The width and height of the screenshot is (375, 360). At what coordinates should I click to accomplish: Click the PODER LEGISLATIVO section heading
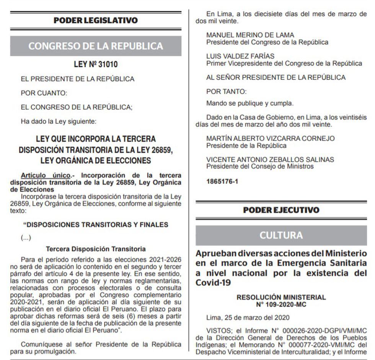96,20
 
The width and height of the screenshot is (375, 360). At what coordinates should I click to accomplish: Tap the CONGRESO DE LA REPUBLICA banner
96,46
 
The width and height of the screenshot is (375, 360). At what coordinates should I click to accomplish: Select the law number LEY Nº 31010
96,65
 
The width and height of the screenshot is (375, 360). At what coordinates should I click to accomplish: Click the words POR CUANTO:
44,93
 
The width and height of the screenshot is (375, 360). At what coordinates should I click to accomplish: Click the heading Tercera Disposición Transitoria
96,249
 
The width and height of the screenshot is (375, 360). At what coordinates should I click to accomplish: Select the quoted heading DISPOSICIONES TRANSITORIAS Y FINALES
96,224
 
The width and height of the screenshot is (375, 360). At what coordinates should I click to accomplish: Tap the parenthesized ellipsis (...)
26,237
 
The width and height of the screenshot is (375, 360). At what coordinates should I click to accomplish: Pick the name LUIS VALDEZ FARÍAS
240,56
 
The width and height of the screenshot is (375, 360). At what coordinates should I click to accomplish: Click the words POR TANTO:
227,92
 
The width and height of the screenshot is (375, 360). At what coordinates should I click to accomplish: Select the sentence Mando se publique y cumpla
250,103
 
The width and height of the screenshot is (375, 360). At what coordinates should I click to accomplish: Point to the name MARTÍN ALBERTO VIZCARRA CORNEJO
271,138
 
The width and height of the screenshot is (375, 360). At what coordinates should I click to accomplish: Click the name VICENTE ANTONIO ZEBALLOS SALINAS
270,160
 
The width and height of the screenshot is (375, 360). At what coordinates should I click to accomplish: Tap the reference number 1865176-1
222,181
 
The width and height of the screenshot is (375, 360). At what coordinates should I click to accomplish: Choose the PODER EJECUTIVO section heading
281,210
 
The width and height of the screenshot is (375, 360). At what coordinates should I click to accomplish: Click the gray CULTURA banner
281,235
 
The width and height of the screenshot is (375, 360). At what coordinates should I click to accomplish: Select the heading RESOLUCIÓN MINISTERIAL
281,297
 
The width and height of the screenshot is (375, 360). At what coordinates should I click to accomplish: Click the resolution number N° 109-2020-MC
281,304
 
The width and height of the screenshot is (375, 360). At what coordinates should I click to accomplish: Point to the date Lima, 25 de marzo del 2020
248,317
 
